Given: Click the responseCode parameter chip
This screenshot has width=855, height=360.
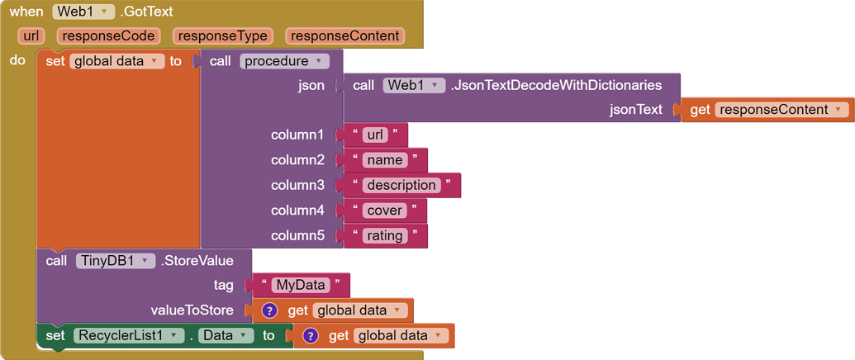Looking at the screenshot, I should [x=108, y=36].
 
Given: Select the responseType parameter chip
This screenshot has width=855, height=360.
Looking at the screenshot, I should [x=223, y=36].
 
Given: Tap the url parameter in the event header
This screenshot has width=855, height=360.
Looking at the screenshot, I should [x=32, y=36].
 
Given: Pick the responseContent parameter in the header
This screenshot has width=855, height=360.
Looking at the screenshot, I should [x=345, y=36].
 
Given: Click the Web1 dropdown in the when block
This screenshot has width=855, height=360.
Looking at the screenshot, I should [x=83, y=12].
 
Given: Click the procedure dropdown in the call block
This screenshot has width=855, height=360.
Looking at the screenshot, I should [x=284, y=61].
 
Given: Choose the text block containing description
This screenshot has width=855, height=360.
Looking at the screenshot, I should [x=401, y=185].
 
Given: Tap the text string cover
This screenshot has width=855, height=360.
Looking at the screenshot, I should [x=384, y=211].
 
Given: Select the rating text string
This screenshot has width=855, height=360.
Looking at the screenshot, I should [x=384, y=236].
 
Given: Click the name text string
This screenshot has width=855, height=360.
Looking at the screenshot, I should [x=384, y=160].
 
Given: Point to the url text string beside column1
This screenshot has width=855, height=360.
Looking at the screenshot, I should [x=375, y=135].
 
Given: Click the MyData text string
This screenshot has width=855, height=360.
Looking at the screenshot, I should [x=301, y=285].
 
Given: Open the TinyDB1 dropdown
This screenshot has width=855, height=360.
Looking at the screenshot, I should [x=115, y=261].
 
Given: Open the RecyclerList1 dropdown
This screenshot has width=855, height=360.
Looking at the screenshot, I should [x=128, y=336].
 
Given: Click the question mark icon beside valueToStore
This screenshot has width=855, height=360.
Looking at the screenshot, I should [x=269, y=310].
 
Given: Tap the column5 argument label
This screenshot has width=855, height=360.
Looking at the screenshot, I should [x=297, y=236].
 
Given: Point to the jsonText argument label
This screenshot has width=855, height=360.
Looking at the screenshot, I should [x=635, y=110].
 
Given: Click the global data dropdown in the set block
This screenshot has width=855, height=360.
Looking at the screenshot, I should [x=116, y=61].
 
